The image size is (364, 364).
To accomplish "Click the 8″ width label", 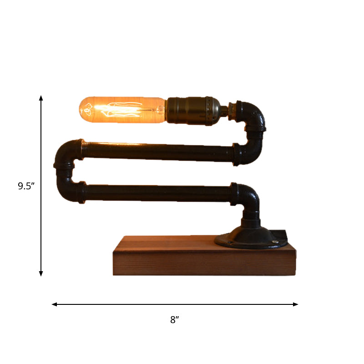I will click(175, 320).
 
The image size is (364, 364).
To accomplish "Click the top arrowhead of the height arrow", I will click(41, 98).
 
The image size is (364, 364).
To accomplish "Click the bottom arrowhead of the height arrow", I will click(41, 273).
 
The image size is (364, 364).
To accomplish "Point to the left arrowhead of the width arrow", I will click(54, 304).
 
